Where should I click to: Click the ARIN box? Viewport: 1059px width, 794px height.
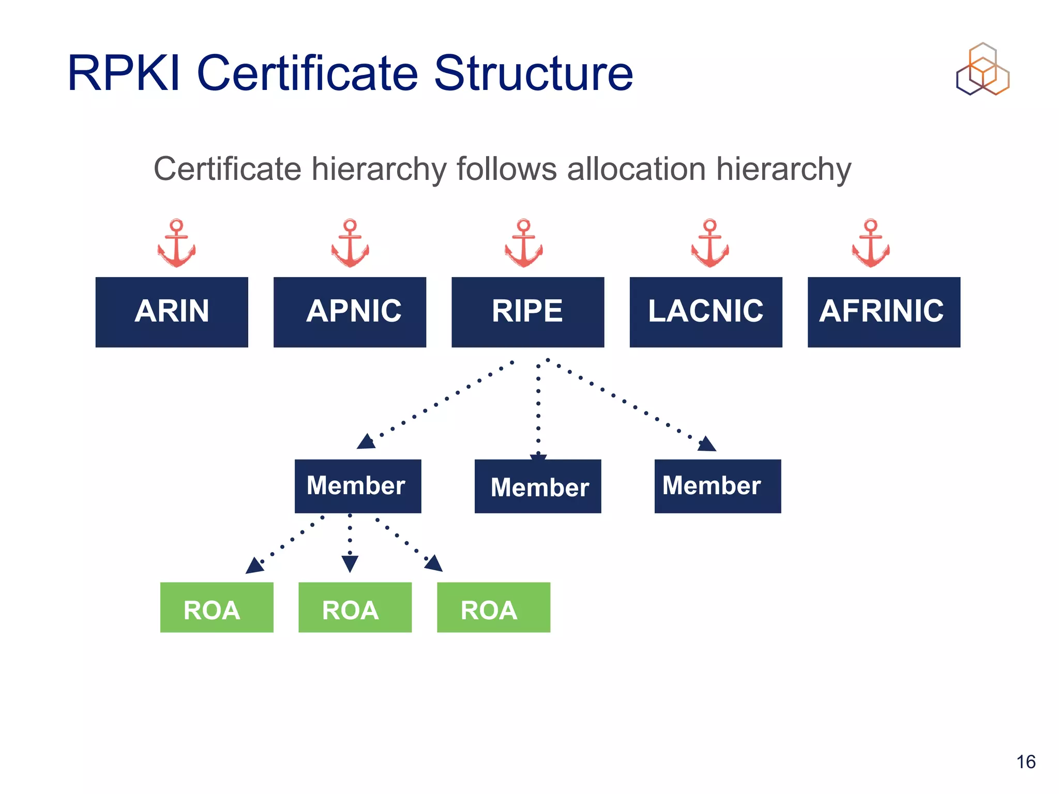pos(172,312)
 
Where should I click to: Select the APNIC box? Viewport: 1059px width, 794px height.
pos(350,312)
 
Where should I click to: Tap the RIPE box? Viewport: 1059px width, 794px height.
pos(527,312)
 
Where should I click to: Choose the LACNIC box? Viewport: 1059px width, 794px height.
pos(705,312)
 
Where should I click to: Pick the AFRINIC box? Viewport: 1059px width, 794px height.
pos(883,312)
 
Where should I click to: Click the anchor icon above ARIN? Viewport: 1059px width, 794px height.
pos(176,243)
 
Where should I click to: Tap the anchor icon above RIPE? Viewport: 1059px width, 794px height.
pos(524,243)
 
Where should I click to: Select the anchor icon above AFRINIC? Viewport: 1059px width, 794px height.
pos(871,243)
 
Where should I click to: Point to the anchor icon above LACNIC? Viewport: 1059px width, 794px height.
pos(710,243)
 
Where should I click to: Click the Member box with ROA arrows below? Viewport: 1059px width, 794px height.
pos(358,486)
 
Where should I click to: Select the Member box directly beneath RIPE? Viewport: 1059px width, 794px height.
pos(538,486)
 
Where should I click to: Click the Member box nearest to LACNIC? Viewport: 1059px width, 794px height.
pos(718,486)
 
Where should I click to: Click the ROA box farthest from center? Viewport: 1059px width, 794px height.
pos(217,607)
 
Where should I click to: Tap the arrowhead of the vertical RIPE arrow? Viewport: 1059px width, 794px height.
pos(538,458)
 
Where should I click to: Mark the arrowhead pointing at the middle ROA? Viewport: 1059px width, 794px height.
pos(350,564)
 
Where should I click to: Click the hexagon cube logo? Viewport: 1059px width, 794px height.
pos(982,70)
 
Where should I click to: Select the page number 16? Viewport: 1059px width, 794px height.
pos(1026,762)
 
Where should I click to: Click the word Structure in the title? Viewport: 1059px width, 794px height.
pos(533,73)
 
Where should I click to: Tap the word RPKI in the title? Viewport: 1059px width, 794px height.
pos(124,73)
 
